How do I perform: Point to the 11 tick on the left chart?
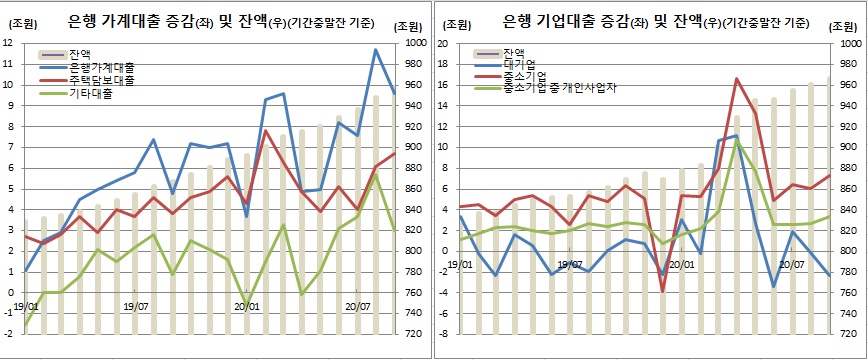click(x=8, y=63)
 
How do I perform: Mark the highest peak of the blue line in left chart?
click(x=376, y=49)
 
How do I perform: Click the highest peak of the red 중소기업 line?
click(x=736, y=78)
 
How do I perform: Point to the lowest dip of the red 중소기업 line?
click(x=662, y=292)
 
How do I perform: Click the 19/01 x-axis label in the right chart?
click(x=460, y=265)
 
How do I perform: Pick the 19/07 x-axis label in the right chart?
click(x=570, y=265)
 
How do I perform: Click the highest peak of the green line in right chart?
click(x=736, y=141)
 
